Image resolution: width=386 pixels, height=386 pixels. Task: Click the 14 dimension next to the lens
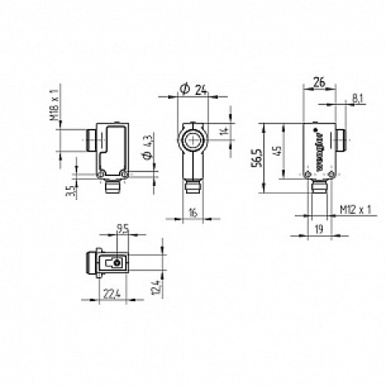[x=225, y=132]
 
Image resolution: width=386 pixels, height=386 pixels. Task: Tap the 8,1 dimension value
[x=356, y=99]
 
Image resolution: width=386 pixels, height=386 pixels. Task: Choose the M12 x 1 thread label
[x=356, y=209]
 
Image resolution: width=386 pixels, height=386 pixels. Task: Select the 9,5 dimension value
[x=121, y=229]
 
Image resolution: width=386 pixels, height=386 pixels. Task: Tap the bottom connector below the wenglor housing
[x=318, y=187]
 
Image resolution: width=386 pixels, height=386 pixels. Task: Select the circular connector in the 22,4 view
[x=116, y=263]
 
